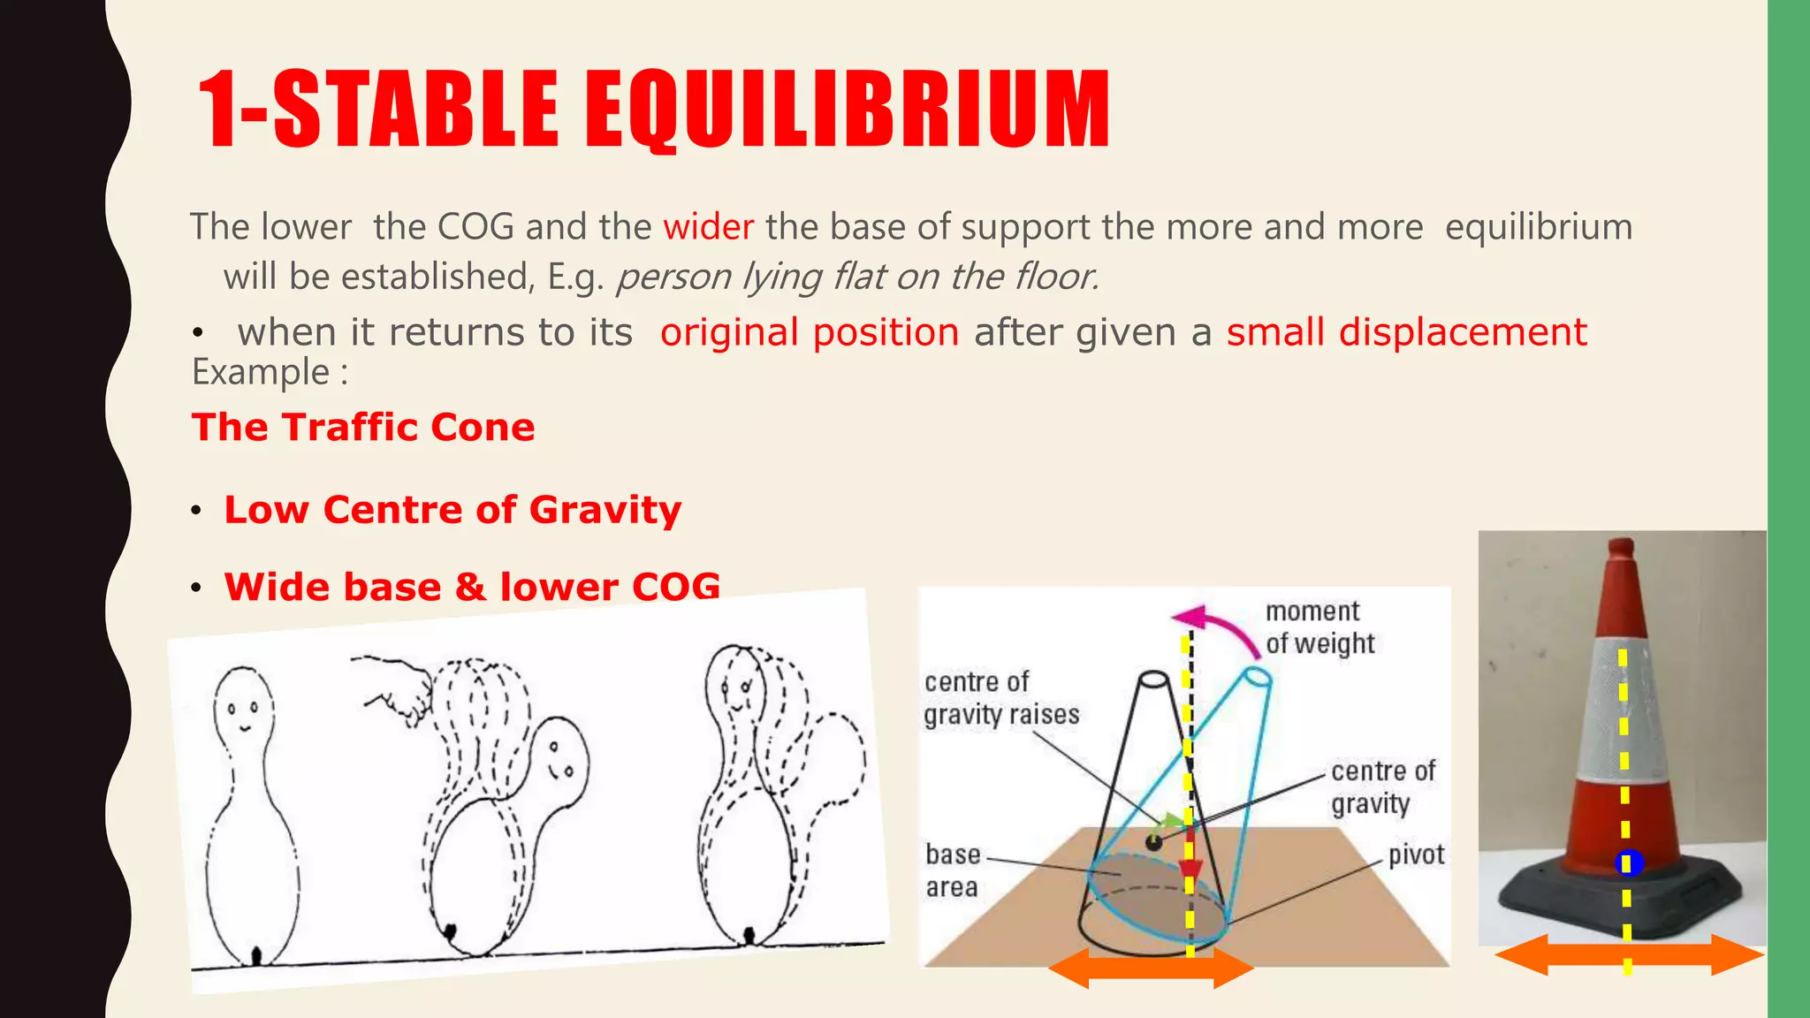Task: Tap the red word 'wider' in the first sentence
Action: point(708,227)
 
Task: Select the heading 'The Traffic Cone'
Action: point(363,428)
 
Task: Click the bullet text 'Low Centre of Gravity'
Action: point(452,510)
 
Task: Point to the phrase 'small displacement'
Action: point(1406,333)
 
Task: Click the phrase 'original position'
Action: point(810,333)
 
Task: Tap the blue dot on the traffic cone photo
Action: point(1628,863)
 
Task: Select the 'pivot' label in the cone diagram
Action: point(1416,855)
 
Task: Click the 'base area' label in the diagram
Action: point(953,870)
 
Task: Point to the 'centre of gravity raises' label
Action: point(1001,698)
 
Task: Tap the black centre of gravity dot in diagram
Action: point(1153,842)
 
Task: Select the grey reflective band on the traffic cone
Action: point(1622,711)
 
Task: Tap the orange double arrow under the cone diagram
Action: point(1150,969)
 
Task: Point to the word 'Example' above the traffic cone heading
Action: point(262,373)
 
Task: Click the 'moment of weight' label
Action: point(1319,627)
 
